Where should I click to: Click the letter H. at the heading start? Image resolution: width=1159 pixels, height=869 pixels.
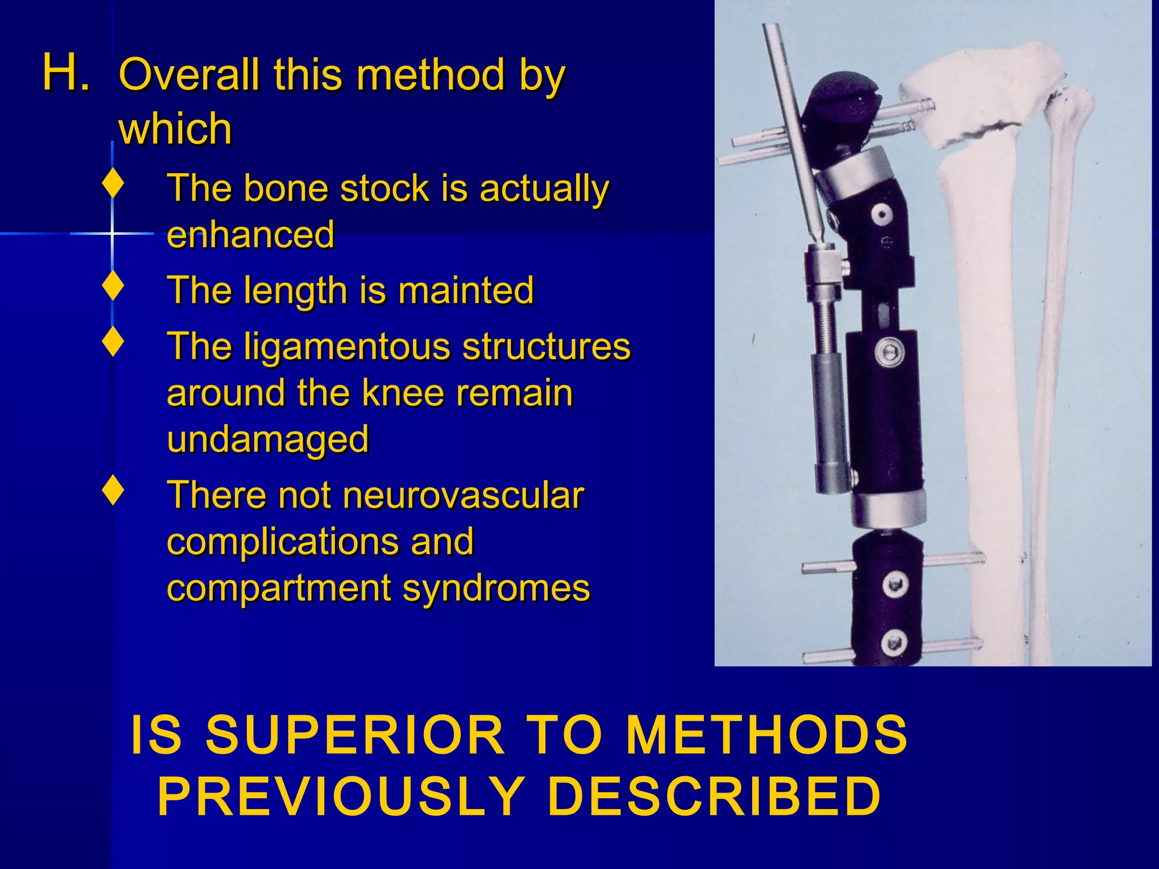coord(66,72)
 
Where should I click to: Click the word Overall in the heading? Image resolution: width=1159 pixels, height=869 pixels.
coord(189,75)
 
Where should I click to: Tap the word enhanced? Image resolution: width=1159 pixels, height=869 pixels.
coord(251,234)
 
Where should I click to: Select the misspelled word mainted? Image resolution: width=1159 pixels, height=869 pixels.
coord(466,290)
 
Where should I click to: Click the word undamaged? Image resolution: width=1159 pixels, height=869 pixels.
coord(268,440)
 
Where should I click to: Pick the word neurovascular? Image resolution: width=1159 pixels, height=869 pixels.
coord(462,496)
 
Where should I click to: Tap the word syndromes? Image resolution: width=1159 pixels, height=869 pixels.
coord(496,588)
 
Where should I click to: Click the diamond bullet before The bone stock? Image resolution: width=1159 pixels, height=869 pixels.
coord(114,183)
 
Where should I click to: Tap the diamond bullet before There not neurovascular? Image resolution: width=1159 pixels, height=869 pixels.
coord(114,491)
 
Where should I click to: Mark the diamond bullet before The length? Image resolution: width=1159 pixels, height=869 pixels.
coord(114,286)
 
